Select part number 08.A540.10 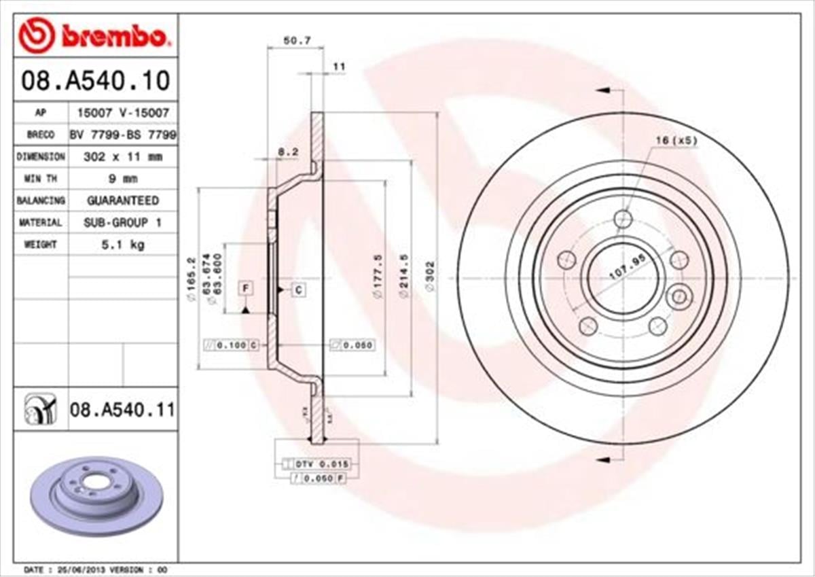click(x=95, y=81)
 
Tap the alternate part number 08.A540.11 click(x=122, y=410)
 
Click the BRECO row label click(x=41, y=135)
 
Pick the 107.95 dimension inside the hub click(x=625, y=267)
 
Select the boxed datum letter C click(x=298, y=290)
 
